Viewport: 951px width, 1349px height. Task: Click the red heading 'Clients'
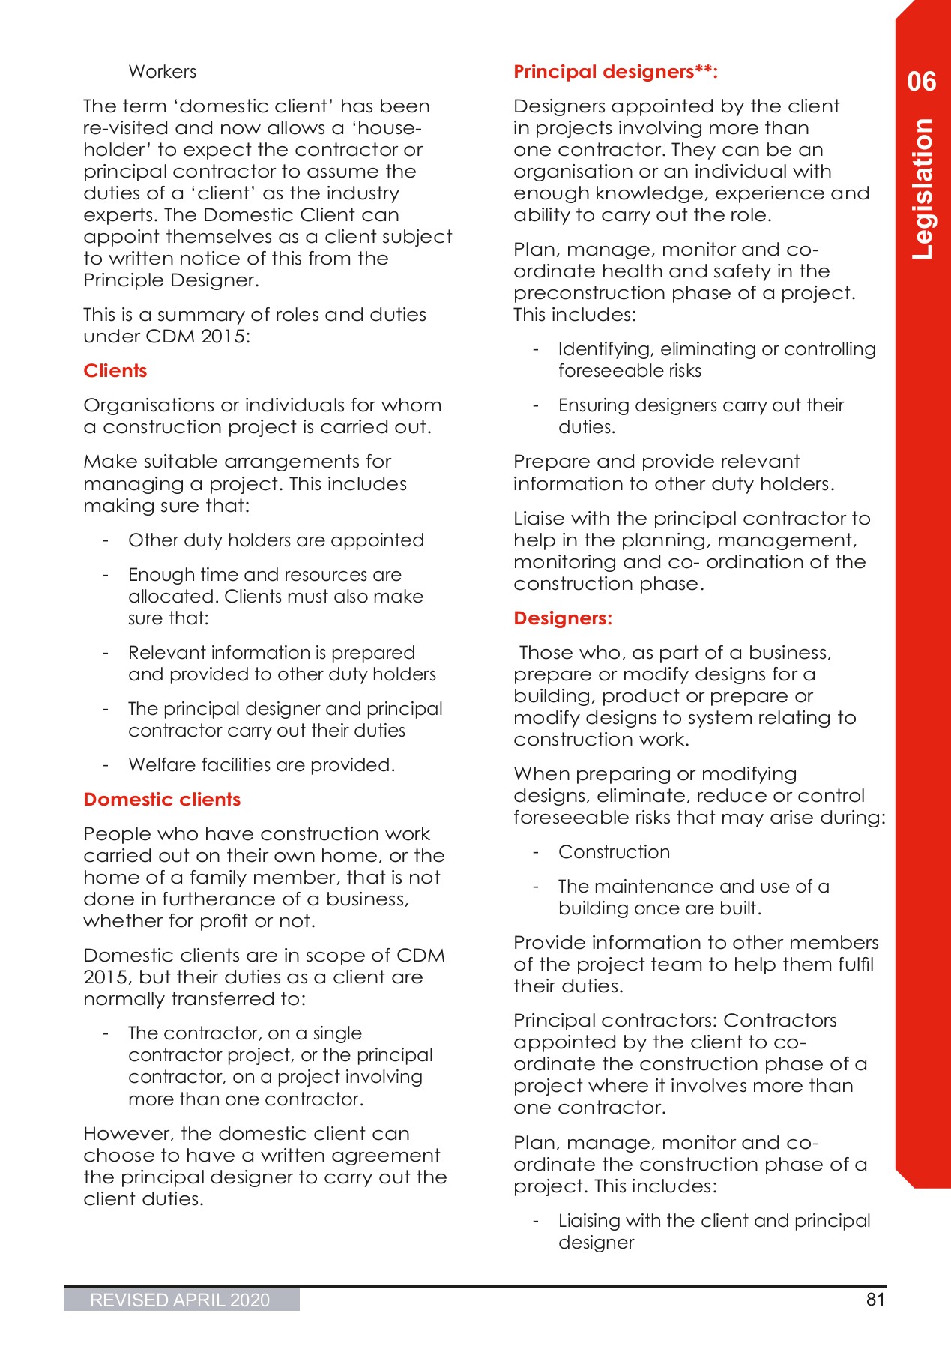[115, 371]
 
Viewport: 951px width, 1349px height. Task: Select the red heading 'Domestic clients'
[162, 800]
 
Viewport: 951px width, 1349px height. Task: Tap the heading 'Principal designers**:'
[615, 72]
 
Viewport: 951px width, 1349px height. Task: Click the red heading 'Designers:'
[563, 618]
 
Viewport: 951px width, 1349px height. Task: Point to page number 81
[875, 1300]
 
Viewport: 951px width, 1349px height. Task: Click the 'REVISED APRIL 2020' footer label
[180, 1300]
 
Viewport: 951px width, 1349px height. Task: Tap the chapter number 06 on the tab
[921, 82]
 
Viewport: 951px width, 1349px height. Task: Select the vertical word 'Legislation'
[923, 189]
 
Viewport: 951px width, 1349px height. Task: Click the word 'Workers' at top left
[163, 72]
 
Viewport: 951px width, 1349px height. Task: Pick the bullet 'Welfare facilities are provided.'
[262, 765]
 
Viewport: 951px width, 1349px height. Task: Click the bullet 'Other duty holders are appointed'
[276, 540]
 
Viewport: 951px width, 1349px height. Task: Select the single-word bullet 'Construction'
[614, 852]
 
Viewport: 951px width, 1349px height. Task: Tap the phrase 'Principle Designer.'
[171, 280]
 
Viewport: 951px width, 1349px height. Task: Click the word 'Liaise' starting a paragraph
[539, 519]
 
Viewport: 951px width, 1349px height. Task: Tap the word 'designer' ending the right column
[596, 1243]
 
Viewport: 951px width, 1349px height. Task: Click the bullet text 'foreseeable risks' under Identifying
[630, 371]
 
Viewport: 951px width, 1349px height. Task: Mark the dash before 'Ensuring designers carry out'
[536, 405]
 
